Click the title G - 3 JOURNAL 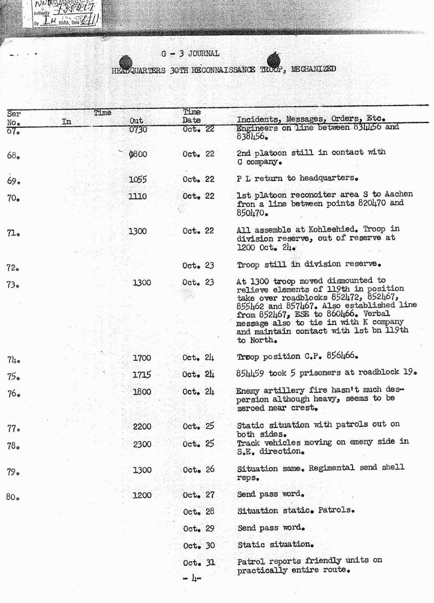190,54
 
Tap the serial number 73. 14,285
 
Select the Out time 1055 138,180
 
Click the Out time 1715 142,374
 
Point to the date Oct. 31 199,562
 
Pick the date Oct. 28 199,511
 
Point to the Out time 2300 142,444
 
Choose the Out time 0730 138,129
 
